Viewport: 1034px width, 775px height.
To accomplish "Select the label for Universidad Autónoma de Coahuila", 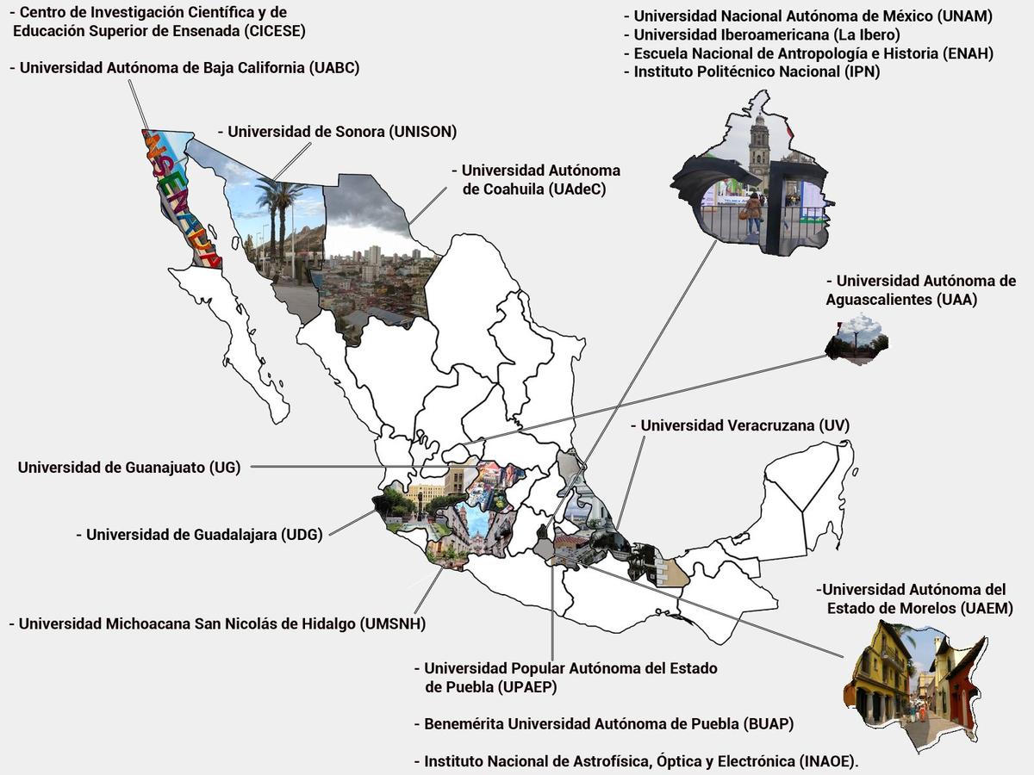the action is [540, 179].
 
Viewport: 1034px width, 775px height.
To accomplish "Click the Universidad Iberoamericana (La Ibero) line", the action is [767, 34].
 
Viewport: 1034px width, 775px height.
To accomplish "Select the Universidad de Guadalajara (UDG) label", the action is [204, 534].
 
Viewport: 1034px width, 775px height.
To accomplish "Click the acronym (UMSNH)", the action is [392, 623].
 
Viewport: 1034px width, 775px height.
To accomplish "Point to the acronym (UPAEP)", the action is [528, 686].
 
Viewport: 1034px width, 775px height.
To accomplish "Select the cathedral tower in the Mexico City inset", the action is [759, 151].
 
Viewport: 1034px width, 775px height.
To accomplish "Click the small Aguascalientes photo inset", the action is [856, 341].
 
